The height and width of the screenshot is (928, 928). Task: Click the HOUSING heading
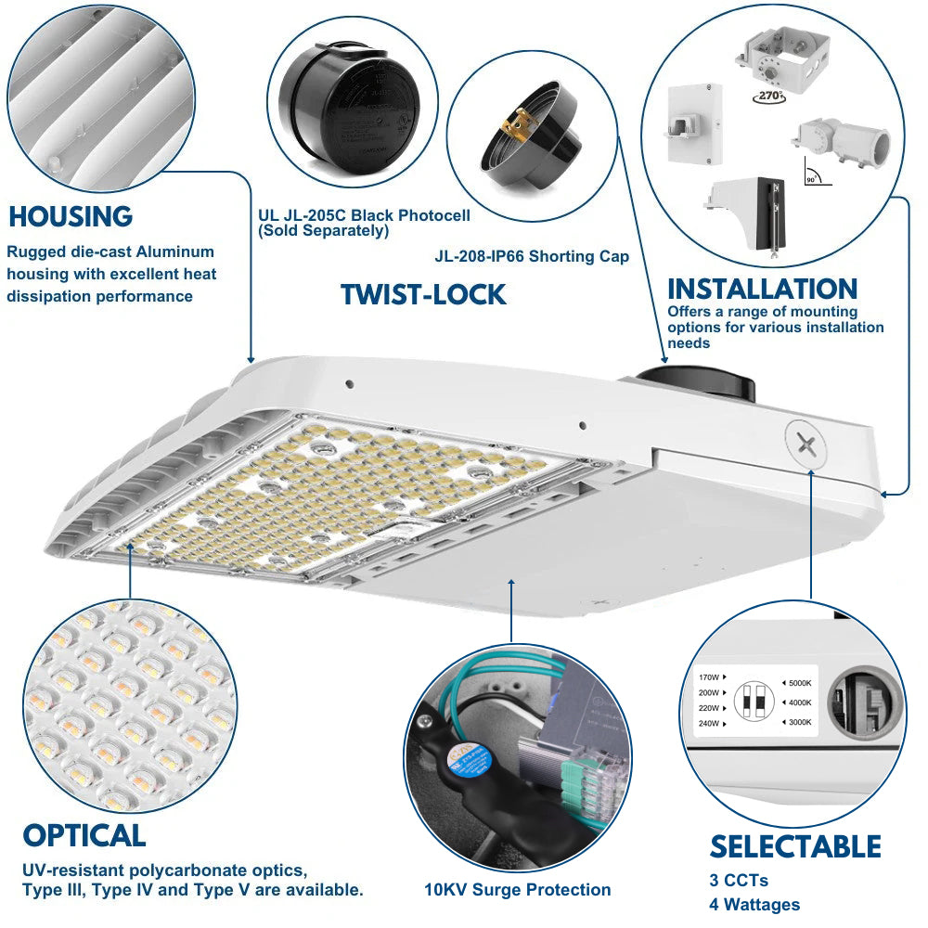71,217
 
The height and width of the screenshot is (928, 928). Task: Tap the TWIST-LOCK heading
423,295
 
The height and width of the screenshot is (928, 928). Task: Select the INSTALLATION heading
762,289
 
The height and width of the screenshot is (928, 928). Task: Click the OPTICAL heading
84,835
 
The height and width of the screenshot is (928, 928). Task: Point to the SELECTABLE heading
795,846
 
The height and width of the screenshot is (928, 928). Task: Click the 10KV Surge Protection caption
518,890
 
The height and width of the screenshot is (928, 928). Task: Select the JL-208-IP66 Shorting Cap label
532,256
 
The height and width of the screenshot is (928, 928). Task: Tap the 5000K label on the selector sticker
795,684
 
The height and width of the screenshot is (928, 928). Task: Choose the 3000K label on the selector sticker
795,722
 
